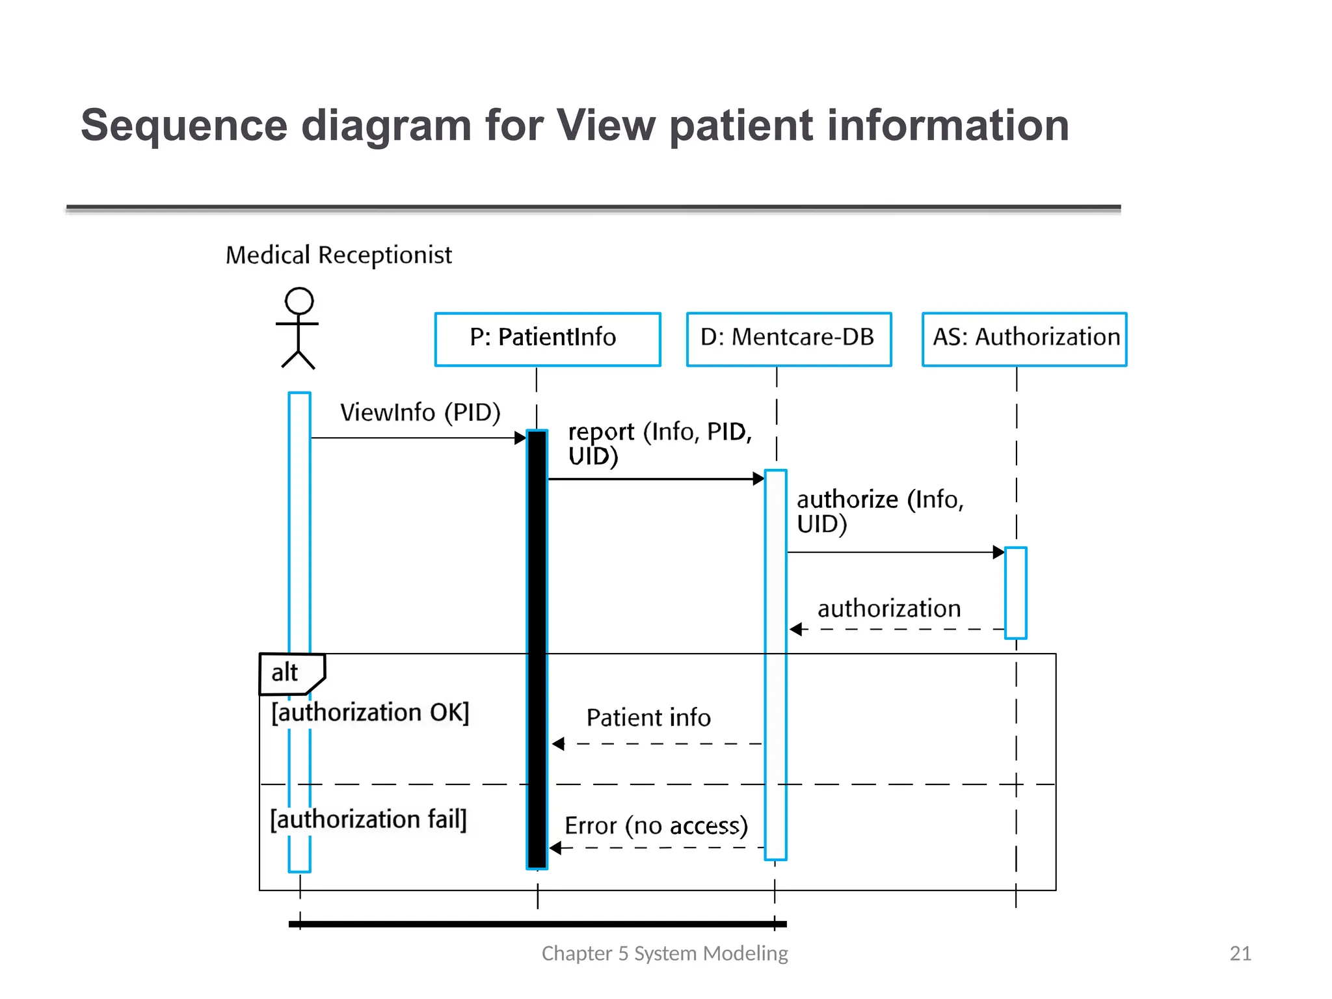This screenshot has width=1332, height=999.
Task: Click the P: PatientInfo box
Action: coord(548,339)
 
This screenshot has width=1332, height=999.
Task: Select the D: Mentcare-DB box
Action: coord(788,339)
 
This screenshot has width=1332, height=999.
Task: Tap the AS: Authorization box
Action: coord(1024,339)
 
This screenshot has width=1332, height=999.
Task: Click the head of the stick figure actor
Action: coord(299,301)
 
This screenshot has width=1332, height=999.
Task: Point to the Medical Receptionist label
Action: coord(338,255)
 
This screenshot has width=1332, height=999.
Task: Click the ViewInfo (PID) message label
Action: coord(420,412)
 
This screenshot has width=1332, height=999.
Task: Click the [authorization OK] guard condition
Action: coord(370,713)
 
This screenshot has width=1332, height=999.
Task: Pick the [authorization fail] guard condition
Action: coord(368,819)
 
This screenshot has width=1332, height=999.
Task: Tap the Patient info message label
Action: coord(648,718)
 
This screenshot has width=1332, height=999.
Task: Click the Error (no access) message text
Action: coord(656,826)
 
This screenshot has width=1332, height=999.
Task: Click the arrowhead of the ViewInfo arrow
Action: coord(520,438)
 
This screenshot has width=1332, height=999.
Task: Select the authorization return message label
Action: coord(888,609)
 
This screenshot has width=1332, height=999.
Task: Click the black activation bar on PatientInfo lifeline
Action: coord(537,650)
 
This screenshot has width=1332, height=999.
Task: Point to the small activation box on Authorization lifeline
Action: coord(1015,593)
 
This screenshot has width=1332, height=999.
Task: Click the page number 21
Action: coord(1240,953)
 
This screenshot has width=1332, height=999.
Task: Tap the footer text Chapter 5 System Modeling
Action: coord(665,953)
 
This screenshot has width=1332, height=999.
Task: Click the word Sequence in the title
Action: coord(184,126)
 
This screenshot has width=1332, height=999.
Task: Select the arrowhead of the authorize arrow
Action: coord(999,552)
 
